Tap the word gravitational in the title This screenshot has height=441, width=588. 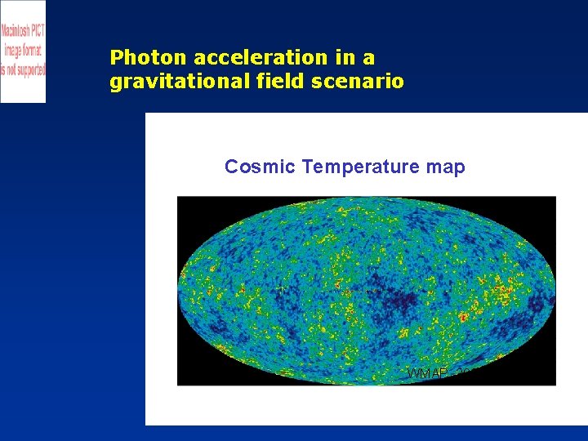(x=168, y=82)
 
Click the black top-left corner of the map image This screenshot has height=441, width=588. (x=186, y=204)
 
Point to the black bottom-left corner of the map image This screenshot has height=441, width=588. (x=186, y=377)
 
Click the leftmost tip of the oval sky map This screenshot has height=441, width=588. (x=180, y=291)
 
